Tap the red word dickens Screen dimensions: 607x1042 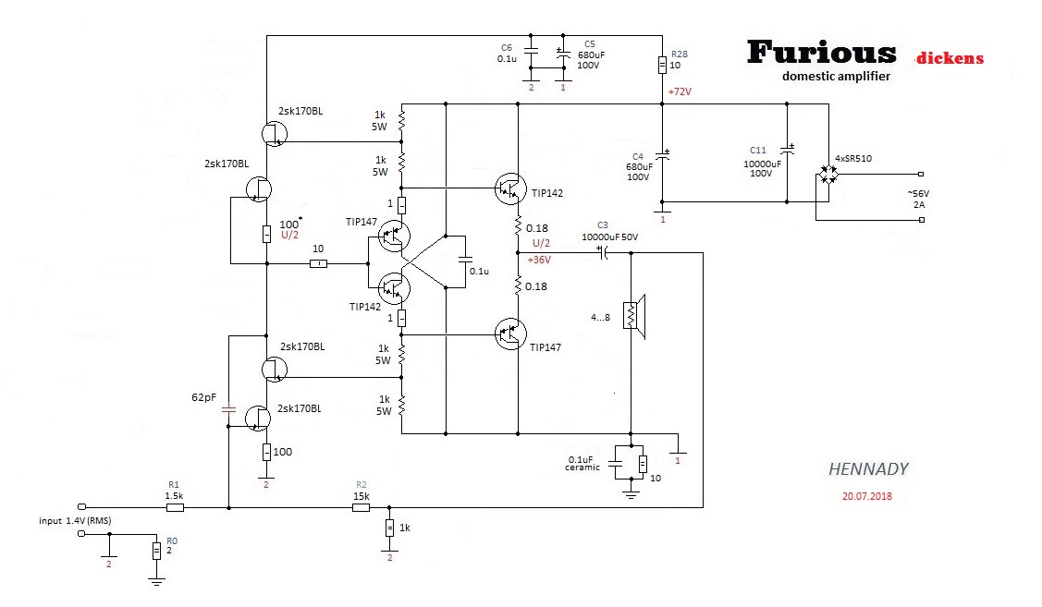click(x=950, y=58)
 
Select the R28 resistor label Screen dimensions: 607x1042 click(x=678, y=55)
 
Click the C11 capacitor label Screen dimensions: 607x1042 click(x=758, y=150)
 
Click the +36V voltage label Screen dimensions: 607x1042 click(x=539, y=260)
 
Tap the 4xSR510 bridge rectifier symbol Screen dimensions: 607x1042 click(x=829, y=174)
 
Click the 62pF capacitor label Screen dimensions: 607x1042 click(x=203, y=398)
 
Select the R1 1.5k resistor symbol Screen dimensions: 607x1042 click(x=174, y=507)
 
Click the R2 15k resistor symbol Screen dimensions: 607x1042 click(x=362, y=507)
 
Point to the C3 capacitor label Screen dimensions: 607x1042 click(x=603, y=225)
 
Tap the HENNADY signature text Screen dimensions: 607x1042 click(x=868, y=469)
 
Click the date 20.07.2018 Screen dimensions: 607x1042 click(x=868, y=496)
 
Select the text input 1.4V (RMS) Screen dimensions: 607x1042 click(x=75, y=522)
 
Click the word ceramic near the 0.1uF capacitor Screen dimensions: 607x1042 click(x=582, y=467)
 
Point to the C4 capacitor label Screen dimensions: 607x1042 click(x=637, y=156)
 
